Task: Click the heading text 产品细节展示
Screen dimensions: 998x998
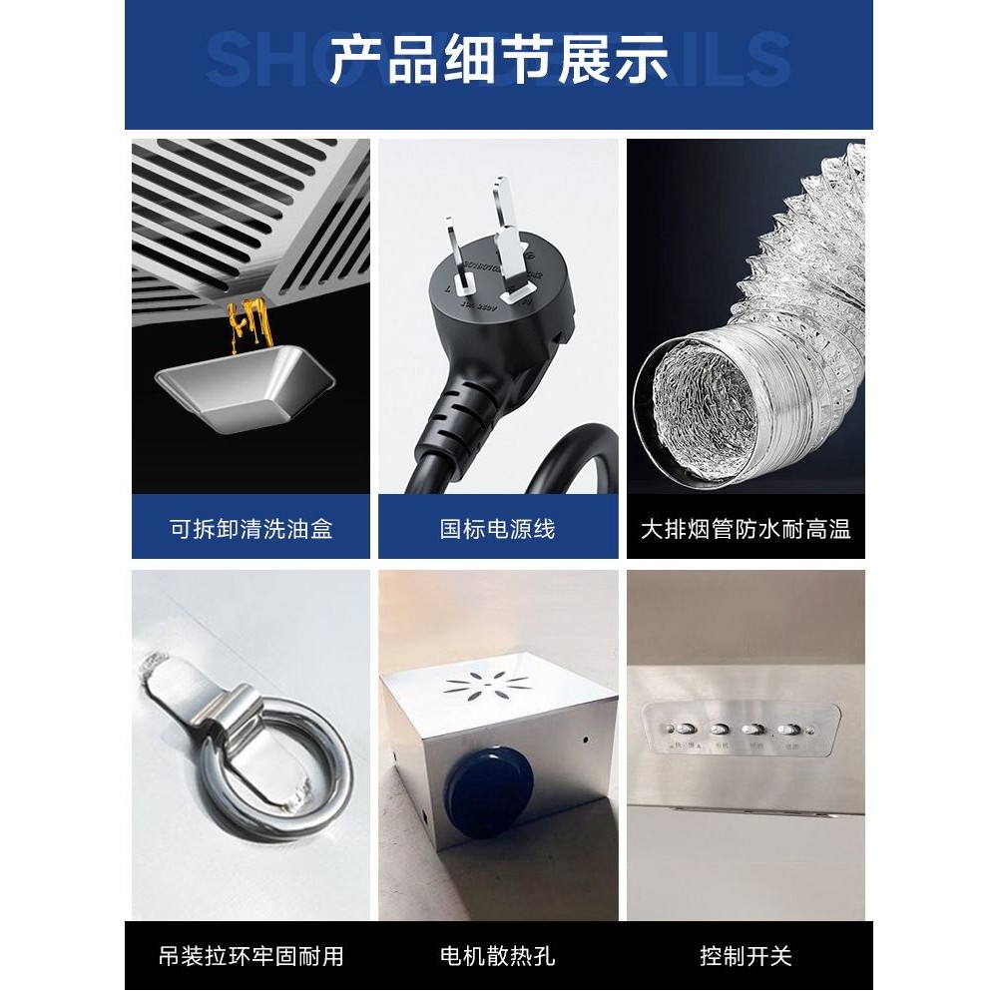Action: click(498, 62)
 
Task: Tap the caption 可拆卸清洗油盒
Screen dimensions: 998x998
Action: click(250, 528)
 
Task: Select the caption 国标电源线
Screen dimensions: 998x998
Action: click(497, 528)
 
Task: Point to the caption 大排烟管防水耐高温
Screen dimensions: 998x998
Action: click(746, 528)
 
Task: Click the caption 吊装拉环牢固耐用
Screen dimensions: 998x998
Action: click(250, 956)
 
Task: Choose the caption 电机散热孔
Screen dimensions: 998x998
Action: click(497, 956)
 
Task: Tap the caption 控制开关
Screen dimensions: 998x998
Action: click(746, 956)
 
